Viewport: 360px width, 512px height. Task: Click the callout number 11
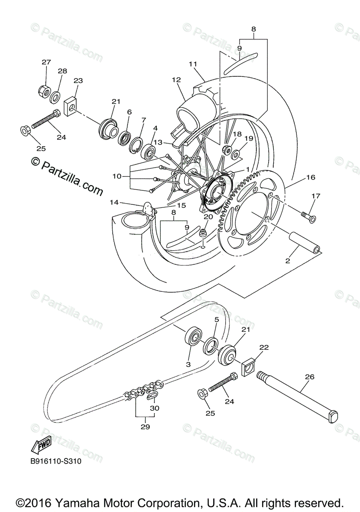click(193, 64)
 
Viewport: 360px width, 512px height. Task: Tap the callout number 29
click(145, 426)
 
